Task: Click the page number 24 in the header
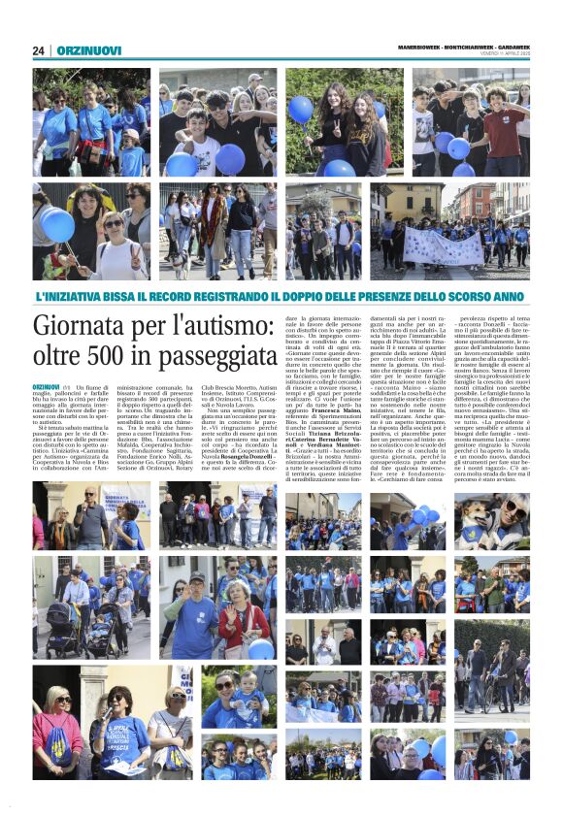tap(38, 50)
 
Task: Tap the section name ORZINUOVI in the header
tap(88, 50)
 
